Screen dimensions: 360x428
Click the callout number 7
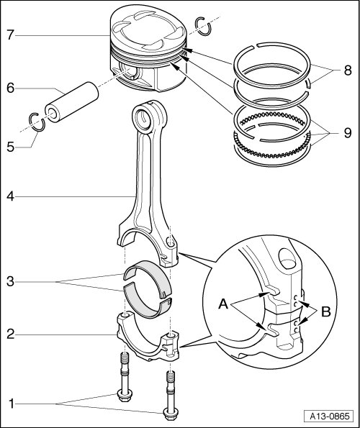10,35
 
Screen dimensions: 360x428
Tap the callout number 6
10,88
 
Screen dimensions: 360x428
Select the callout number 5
10,147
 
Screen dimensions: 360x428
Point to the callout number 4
10,196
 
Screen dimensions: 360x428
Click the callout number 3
10,281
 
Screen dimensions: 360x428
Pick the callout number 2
10,334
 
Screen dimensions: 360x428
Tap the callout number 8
348,70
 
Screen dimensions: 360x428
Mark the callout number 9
348,133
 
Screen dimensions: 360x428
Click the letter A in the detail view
223,304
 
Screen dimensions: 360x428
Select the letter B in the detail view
326,311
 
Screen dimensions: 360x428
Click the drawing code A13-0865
330,416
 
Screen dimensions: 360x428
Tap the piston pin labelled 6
71,102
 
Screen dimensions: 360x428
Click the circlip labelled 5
37,122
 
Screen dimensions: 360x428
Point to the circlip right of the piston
204,26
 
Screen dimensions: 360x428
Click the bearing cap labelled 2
148,340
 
